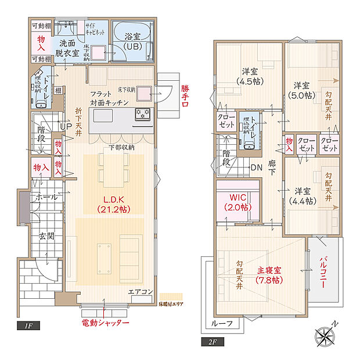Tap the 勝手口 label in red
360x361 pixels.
point(185,98)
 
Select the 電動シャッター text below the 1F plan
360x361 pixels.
point(105,323)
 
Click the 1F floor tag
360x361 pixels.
point(28,326)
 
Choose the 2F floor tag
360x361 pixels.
point(212,342)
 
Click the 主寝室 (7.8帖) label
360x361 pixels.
point(269,274)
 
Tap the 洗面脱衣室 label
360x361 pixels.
point(67,47)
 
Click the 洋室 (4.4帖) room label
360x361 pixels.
point(303,195)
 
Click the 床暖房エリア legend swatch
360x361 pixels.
point(171,296)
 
